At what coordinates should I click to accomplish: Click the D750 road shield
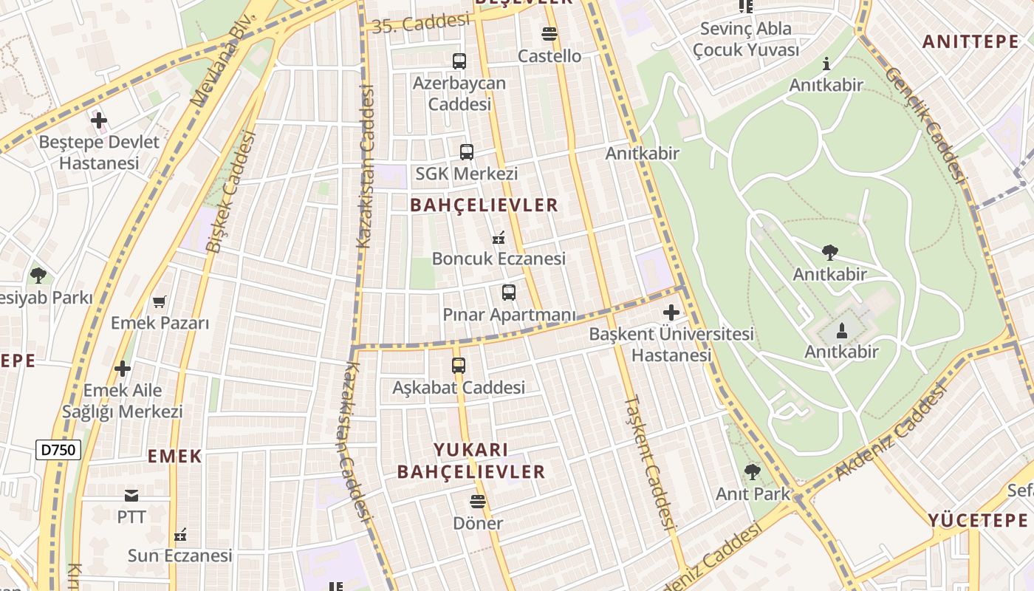click(58, 449)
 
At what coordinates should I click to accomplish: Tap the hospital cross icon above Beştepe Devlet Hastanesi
click(99, 120)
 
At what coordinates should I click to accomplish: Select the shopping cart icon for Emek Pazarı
click(159, 301)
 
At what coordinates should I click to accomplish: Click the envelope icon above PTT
click(131, 495)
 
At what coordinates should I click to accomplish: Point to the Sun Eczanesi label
click(179, 556)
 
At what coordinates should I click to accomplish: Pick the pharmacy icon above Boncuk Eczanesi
click(499, 238)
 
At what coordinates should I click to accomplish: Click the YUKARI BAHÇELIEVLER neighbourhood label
click(471, 461)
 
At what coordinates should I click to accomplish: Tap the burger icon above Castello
click(549, 34)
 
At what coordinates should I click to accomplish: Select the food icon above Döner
click(478, 502)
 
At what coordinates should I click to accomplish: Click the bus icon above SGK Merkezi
click(466, 152)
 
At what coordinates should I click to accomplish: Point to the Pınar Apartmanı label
click(509, 315)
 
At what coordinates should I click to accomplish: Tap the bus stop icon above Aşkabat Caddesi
click(459, 365)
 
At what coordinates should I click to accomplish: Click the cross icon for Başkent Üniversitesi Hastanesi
click(671, 312)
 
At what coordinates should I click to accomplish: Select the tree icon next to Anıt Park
click(752, 471)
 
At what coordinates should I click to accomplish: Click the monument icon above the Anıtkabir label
click(841, 330)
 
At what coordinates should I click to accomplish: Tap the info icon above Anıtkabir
click(826, 64)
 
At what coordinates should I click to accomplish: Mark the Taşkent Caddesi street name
click(650, 463)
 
